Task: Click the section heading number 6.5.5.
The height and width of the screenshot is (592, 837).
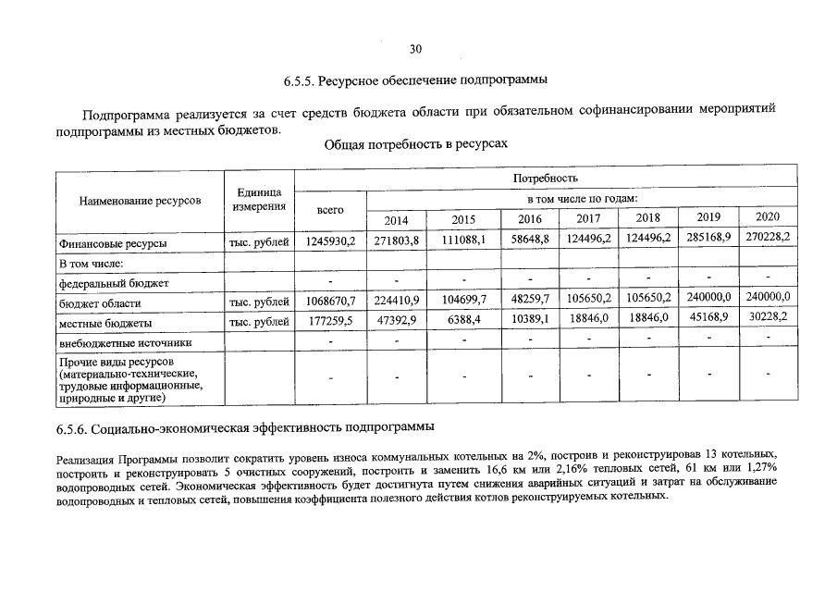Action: tap(300, 80)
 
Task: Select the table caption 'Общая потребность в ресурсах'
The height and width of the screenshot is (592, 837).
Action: tap(416, 146)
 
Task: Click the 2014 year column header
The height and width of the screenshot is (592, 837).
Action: tap(396, 220)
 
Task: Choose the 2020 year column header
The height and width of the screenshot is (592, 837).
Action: tap(768, 216)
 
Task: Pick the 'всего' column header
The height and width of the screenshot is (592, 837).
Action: tap(330, 210)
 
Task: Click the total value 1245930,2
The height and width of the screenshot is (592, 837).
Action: tap(330, 242)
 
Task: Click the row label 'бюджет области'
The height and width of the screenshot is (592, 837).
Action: tap(100, 303)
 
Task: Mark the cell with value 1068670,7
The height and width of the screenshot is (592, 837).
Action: tap(330, 302)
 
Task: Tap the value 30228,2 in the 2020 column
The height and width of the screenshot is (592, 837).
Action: tap(768, 316)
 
